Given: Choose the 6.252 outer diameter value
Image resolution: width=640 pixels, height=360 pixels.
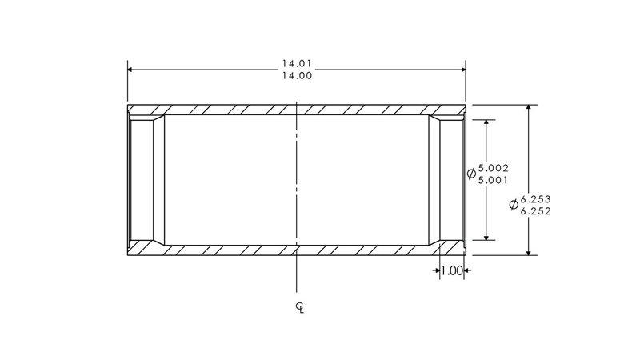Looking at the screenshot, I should (x=536, y=211).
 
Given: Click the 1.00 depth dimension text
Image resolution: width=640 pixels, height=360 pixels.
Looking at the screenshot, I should (x=451, y=271).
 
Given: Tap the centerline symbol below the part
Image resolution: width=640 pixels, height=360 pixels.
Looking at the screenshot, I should (x=298, y=307).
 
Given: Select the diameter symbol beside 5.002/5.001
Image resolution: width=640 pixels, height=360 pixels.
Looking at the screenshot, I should (x=471, y=174).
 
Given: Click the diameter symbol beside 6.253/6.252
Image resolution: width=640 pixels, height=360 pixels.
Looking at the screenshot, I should (x=514, y=205).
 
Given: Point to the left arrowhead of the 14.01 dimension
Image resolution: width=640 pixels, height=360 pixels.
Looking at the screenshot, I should (x=132, y=70).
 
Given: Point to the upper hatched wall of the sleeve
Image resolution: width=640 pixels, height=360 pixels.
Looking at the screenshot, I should (x=240, y=109).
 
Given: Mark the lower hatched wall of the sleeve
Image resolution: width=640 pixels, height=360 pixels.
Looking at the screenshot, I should (x=240, y=250).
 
